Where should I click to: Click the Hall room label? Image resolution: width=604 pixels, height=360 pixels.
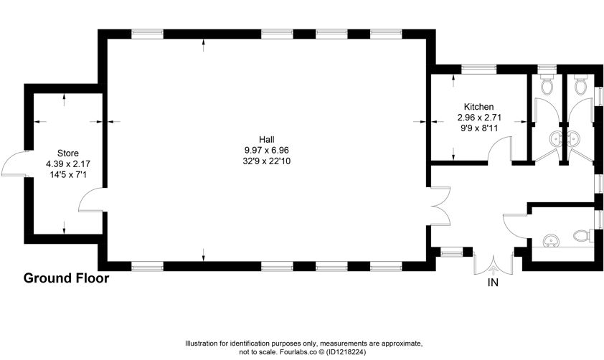point(267,139)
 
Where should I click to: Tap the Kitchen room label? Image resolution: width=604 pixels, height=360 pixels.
point(478,107)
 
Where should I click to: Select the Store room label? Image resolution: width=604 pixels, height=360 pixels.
point(68,153)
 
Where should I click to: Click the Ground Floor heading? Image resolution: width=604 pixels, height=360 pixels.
point(66,278)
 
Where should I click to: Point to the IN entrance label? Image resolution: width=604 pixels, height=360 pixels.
point(493,283)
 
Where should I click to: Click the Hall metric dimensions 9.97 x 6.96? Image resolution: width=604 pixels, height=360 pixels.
point(267,150)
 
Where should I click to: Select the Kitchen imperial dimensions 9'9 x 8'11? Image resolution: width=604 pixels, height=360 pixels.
point(479,128)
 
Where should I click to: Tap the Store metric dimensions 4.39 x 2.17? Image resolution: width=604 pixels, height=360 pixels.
point(68,164)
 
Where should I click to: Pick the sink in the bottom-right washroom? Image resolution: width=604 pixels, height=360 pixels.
point(551,241)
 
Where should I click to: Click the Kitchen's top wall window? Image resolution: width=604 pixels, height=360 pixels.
point(479,69)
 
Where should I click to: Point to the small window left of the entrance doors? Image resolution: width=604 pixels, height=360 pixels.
point(451,253)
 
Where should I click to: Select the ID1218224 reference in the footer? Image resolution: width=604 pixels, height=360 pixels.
point(346,352)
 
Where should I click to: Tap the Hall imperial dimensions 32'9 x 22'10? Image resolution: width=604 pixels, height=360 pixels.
point(267,161)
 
